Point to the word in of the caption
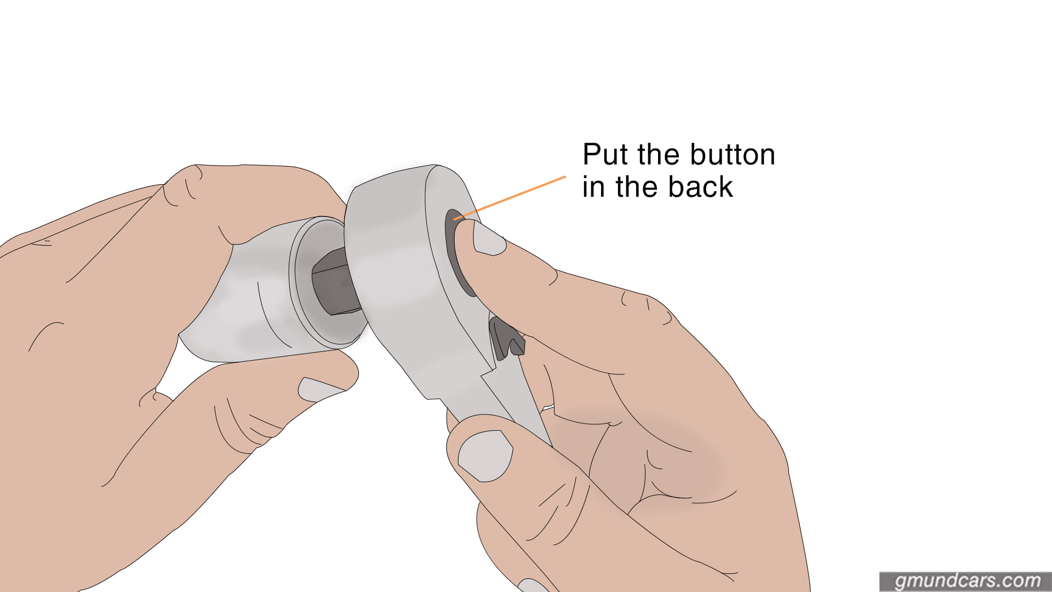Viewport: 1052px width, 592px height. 594,187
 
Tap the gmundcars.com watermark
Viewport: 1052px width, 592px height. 967,580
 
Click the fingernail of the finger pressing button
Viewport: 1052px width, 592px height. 488,239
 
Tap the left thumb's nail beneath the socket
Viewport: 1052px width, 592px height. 320,389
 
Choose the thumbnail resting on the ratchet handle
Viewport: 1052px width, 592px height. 485,454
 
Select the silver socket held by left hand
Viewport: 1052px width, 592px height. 247,307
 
